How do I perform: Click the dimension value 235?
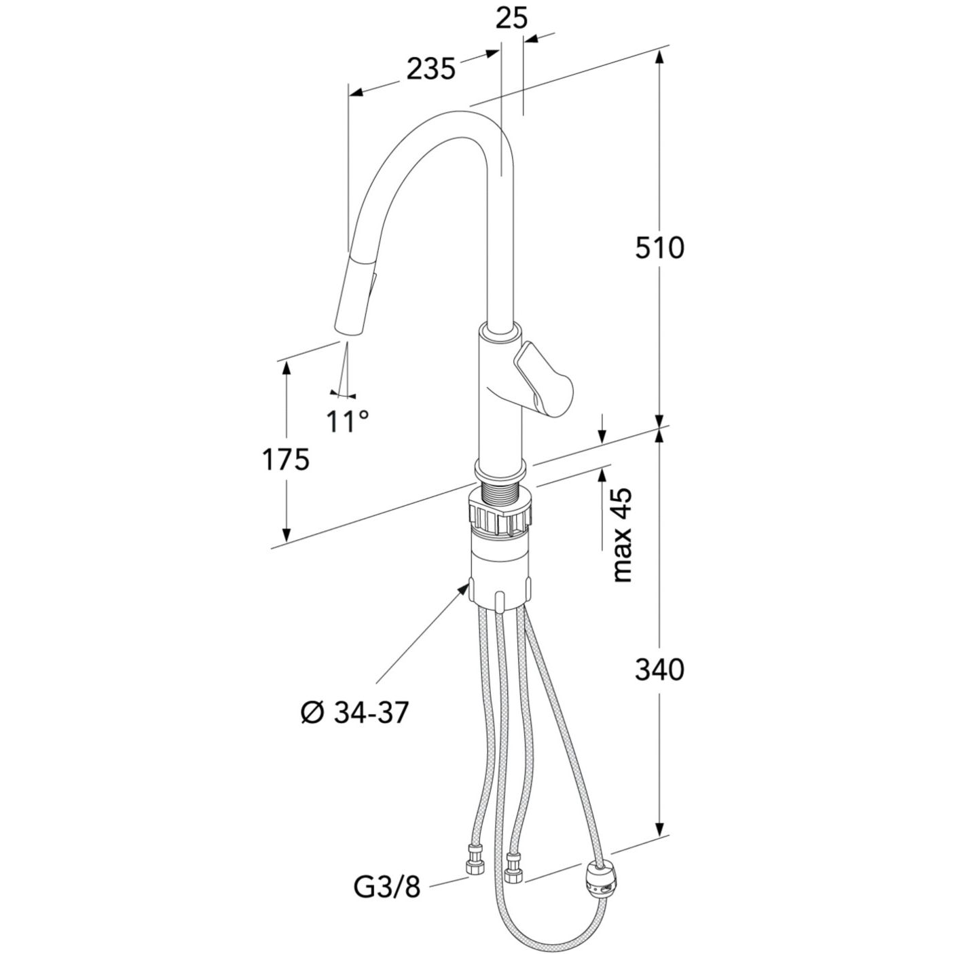coord(430,69)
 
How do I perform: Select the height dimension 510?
coord(659,248)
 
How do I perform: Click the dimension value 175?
coord(286,460)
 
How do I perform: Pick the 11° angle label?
coord(347,421)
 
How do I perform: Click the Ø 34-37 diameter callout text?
coord(356,714)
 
